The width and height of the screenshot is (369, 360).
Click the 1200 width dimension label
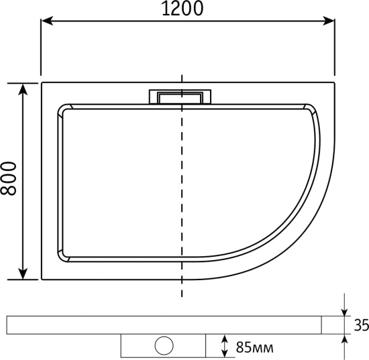(182, 9)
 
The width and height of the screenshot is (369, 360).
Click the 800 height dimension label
(9, 179)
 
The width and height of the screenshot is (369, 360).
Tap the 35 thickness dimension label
(362, 325)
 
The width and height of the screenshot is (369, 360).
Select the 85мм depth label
(255, 347)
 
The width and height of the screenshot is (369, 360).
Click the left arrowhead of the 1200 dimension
(47, 21)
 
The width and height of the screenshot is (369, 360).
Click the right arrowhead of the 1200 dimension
(329, 21)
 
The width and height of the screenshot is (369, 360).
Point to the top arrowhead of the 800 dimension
(23, 89)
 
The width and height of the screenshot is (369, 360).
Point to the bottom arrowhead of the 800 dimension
(23, 274)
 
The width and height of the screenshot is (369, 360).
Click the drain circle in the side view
(164, 346)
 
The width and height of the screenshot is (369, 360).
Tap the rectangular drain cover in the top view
(180, 97)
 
